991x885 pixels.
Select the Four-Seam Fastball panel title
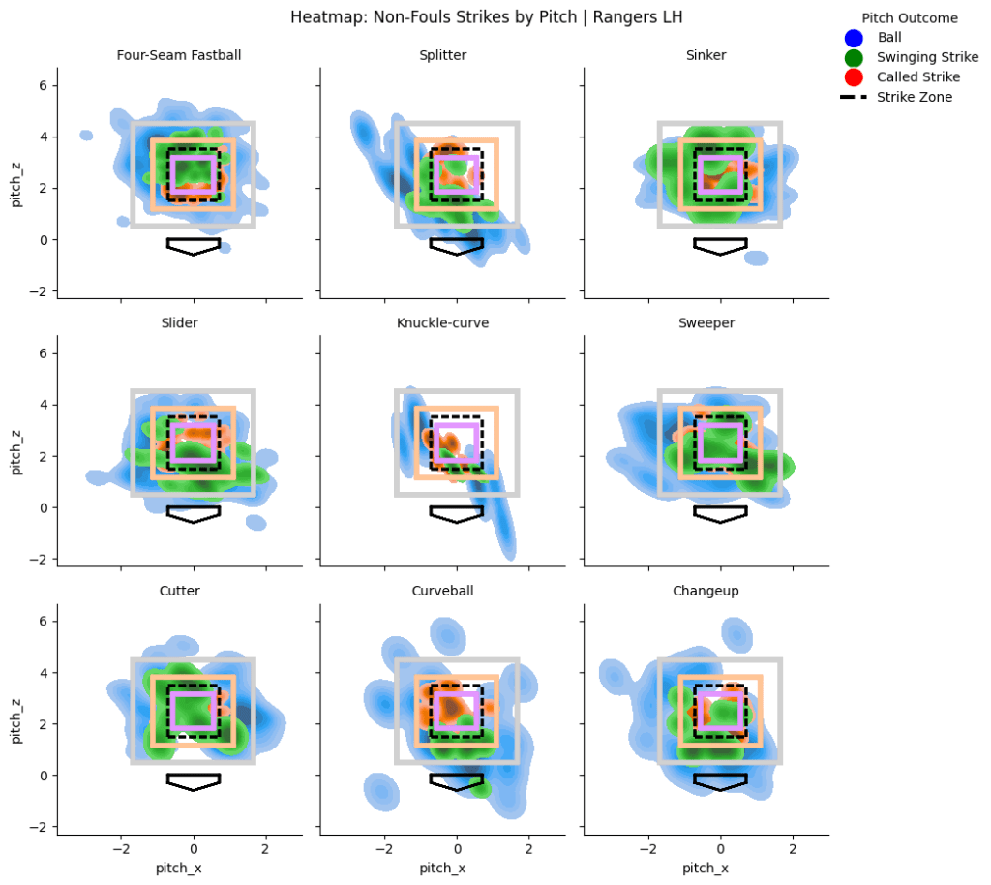pos(193,55)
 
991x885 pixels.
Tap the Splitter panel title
pos(457,55)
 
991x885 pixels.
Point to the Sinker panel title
pos(720,55)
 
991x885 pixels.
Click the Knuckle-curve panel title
pos(457,322)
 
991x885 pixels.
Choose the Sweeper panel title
pos(720,322)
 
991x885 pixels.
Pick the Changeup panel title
pos(720,591)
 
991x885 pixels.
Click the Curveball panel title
pos(457,591)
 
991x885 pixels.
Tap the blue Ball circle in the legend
pos(853,39)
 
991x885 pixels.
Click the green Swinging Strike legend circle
pos(853,58)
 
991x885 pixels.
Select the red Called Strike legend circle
pos(853,77)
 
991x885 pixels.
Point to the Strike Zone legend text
pos(915,97)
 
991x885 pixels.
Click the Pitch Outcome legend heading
pos(910,18)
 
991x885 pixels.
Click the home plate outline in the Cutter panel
pos(194,781)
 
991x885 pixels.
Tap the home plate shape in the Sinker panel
pos(720,246)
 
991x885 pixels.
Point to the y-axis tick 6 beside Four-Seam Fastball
pos(43,86)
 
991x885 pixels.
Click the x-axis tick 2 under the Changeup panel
pos(793,849)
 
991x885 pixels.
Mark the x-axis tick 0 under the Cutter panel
pos(194,849)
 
